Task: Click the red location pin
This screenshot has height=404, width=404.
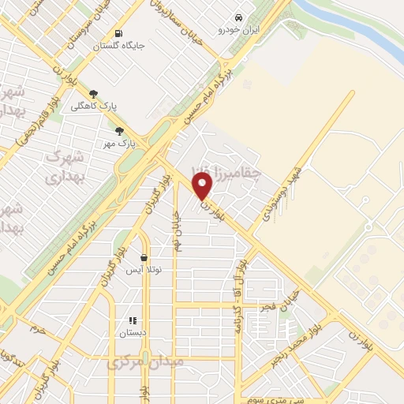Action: tap(203, 186)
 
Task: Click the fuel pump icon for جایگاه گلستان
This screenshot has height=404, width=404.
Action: tap(118, 33)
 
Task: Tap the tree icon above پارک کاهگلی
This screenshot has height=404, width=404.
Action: tap(94, 93)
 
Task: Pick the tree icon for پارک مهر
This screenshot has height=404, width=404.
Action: tap(119, 132)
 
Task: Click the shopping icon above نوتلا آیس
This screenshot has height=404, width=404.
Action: tap(144, 257)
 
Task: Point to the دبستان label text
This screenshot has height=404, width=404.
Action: tap(133, 334)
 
